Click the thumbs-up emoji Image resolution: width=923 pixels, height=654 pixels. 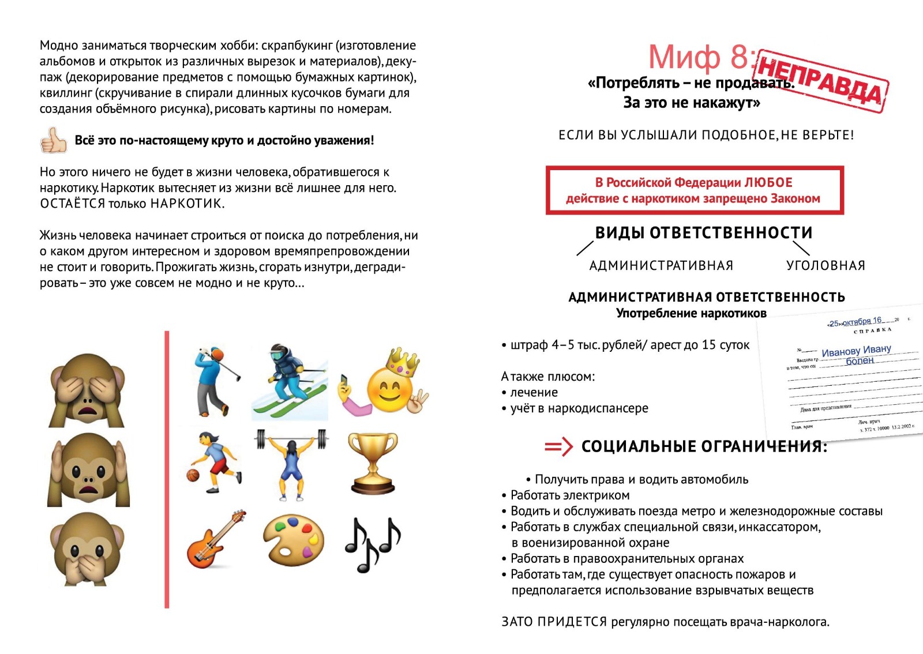[x=54, y=140]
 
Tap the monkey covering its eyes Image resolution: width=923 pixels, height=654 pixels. [x=87, y=390]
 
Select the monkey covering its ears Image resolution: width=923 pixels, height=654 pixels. [x=88, y=469]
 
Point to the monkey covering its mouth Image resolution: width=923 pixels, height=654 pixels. [x=87, y=548]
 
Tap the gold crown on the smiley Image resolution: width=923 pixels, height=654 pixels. [x=403, y=362]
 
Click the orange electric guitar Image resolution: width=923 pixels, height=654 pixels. [x=215, y=539]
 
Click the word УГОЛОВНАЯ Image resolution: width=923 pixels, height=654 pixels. [x=826, y=265]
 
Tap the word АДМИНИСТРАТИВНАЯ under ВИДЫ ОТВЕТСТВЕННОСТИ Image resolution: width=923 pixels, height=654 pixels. [x=661, y=265]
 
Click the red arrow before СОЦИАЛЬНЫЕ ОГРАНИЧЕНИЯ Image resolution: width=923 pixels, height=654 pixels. [x=558, y=446]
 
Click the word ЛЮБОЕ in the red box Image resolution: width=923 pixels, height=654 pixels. [x=768, y=183]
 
